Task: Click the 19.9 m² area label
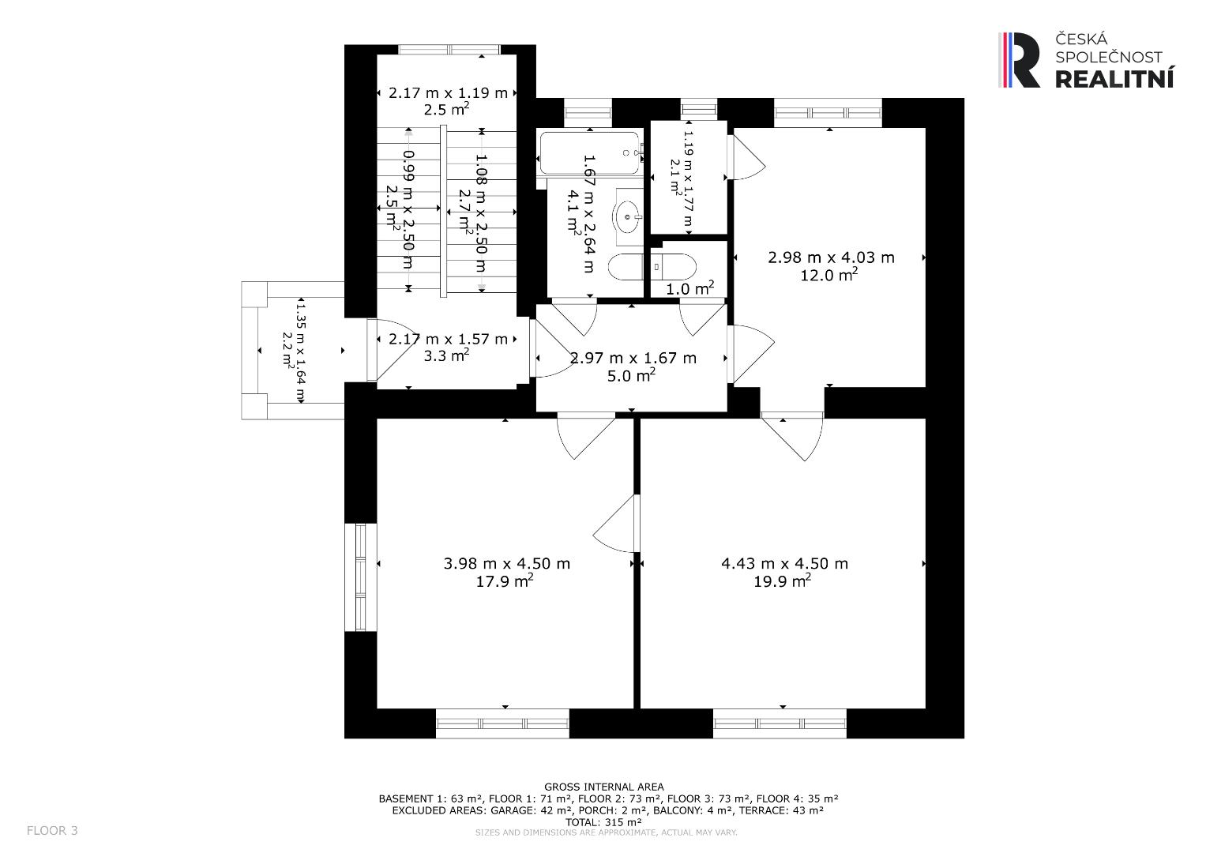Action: pos(783,581)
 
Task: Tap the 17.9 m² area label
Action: pos(505,581)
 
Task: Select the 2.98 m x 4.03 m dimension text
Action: pos(831,257)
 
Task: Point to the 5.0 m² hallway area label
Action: pos(631,375)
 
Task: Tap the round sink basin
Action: pos(628,216)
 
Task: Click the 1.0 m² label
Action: pos(689,288)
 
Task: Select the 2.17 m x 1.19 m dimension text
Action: pos(448,93)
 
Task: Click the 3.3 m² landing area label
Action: pos(445,355)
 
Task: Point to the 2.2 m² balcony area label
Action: pos(287,351)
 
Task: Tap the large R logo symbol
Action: pos(1020,60)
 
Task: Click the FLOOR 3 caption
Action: pos(52,830)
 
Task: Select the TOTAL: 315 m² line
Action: pos(603,822)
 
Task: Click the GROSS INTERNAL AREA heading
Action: pos(604,787)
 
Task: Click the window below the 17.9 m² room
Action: pos(502,723)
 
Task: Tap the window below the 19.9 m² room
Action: pos(780,723)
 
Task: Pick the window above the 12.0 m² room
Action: pos(828,113)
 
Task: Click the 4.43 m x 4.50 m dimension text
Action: pos(784,563)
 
